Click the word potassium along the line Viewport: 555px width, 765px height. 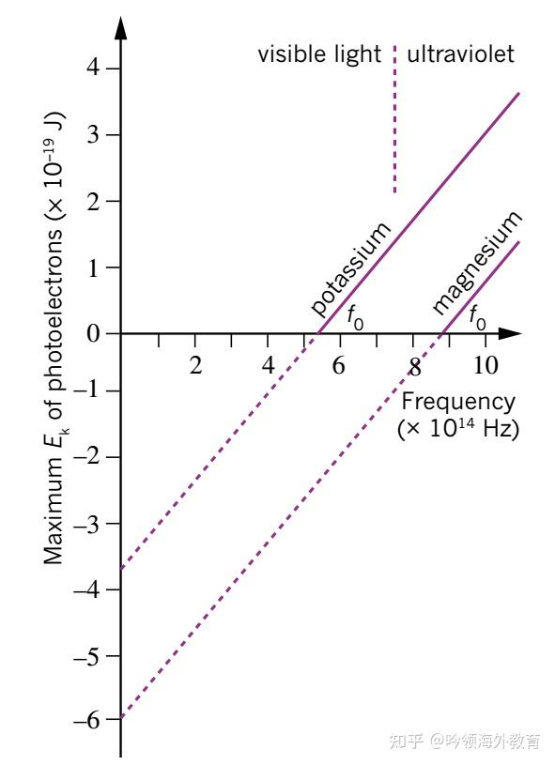[x=349, y=268]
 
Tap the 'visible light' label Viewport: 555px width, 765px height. [x=319, y=54]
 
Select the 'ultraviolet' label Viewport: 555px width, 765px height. [x=460, y=54]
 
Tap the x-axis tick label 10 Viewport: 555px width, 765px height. [x=486, y=365]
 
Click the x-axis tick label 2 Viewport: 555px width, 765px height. [x=195, y=365]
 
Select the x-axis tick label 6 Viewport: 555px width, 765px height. [x=339, y=365]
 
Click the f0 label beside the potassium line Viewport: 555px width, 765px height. [x=355, y=317]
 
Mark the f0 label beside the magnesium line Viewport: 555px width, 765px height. [x=477, y=317]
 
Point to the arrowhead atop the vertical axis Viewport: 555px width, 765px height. [x=120, y=26]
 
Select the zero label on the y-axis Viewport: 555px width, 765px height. [x=90, y=333]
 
